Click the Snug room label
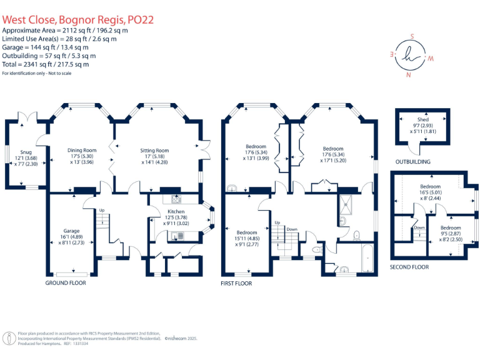click(25, 152)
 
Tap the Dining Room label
click(82, 150)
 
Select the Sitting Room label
click(154, 151)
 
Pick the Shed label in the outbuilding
click(423, 119)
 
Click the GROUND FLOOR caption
click(65, 283)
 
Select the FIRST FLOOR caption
click(236, 283)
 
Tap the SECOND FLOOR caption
click(409, 266)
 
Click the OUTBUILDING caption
click(413, 161)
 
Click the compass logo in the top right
click(409, 54)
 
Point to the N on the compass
click(409, 75)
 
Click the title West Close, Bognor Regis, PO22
click(78, 19)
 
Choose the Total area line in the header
click(46, 64)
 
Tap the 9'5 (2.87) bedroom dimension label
click(450, 235)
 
